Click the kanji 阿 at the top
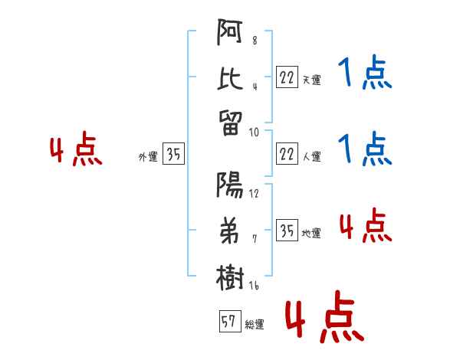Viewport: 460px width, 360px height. [231, 35]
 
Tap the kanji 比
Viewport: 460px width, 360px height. [231, 77]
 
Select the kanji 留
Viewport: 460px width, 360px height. [231, 120]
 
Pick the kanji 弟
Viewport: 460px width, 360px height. [231, 231]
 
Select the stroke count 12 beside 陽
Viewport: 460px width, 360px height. [254, 193]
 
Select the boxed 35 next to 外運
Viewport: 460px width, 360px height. [173, 155]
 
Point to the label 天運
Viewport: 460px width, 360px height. [311, 80]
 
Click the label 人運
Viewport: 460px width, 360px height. [311, 157]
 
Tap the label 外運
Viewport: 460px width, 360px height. [148, 157]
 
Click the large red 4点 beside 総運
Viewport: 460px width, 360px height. [324, 318]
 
